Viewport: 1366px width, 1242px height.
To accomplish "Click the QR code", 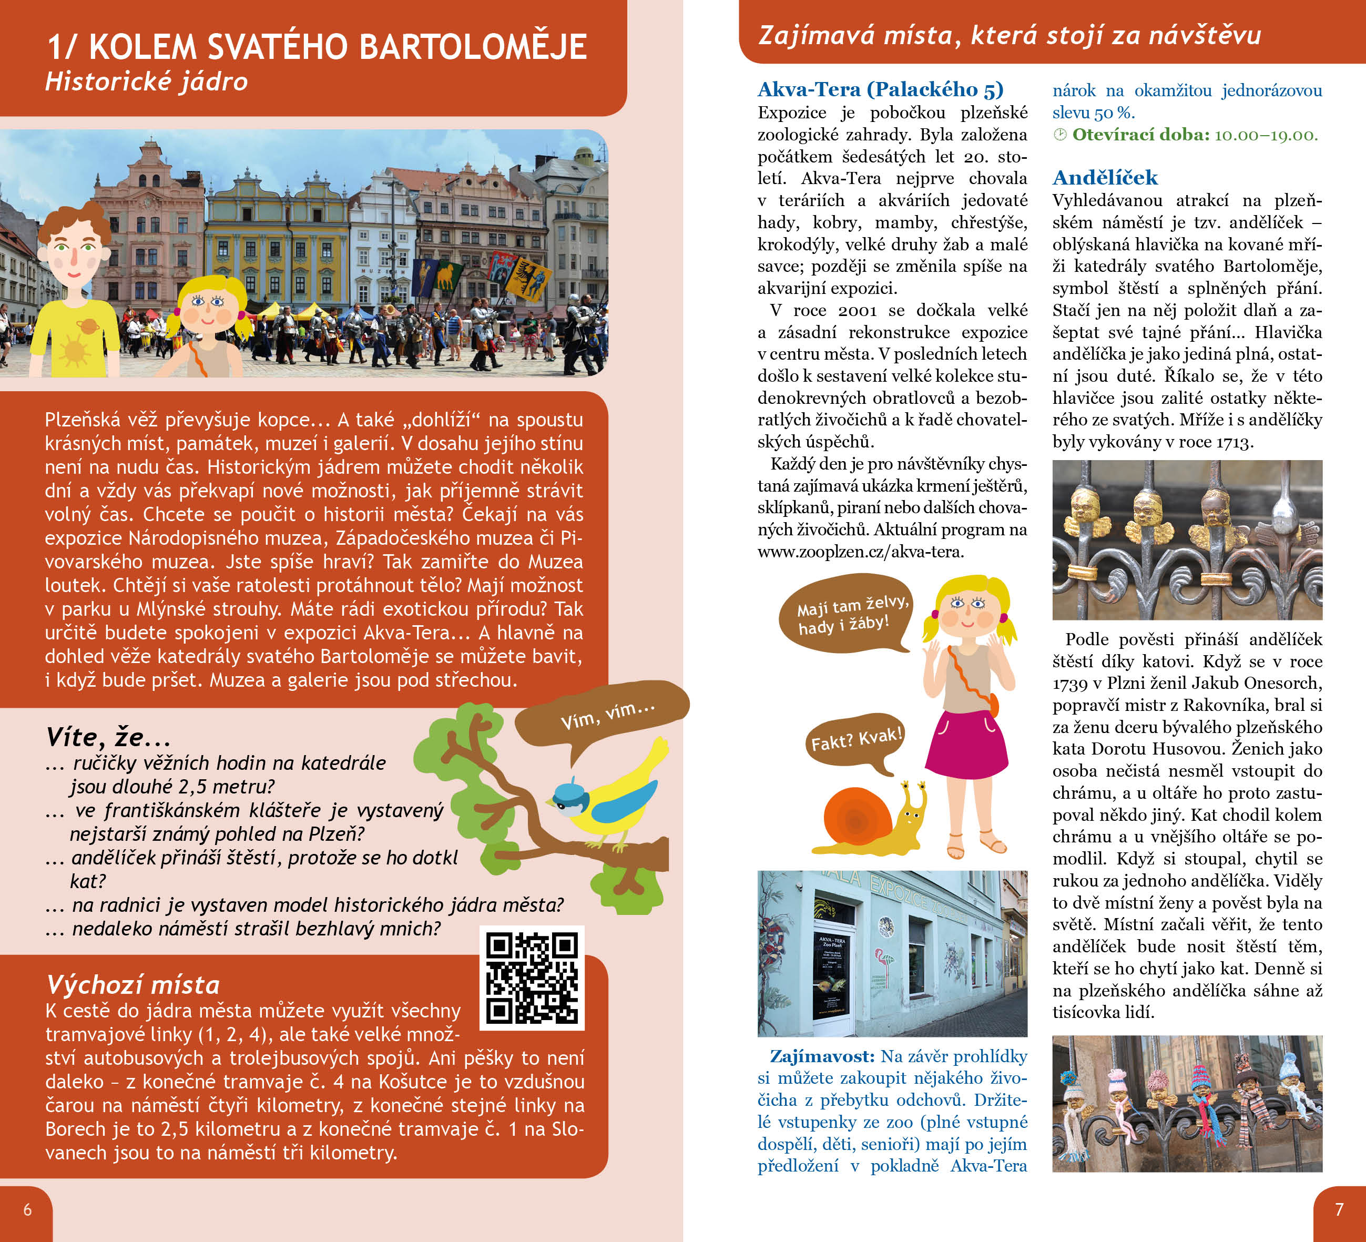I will (532, 978).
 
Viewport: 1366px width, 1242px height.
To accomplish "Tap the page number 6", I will (27, 1209).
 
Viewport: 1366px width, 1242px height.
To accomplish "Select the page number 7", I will (1338, 1209).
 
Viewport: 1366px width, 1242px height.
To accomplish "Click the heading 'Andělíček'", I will (1105, 178).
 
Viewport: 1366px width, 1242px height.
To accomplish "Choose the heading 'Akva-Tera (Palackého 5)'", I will (880, 89).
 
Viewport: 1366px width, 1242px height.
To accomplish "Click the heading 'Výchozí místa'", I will (133, 984).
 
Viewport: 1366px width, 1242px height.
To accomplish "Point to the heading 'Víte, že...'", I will (108, 737).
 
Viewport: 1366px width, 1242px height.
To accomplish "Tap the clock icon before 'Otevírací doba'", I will (1060, 135).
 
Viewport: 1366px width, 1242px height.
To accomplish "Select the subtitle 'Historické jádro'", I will (146, 82).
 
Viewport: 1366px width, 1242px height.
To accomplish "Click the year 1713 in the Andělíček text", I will (1233, 442).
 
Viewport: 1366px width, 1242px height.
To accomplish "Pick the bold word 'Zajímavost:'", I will (822, 1056).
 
